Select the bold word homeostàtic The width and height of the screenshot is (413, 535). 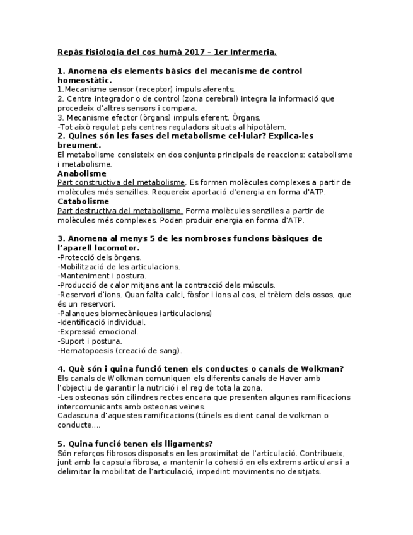coord(84,80)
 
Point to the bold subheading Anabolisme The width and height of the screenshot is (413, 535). coord(81,173)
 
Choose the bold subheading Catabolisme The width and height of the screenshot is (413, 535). coord(83,201)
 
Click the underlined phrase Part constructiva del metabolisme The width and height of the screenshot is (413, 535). coord(121,183)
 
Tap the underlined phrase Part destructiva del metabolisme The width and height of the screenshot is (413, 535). coord(120,211)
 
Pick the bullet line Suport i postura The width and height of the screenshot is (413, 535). coord(90,341)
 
